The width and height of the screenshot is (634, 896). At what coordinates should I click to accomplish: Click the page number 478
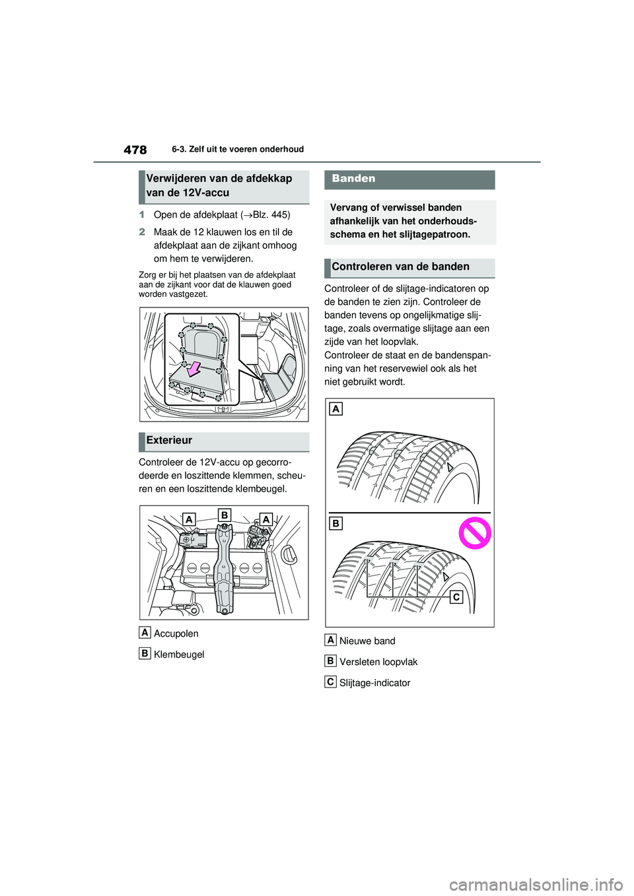click(x=135, y=150)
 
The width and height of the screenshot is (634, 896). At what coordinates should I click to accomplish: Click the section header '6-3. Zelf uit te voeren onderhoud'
click(x=238, y=149)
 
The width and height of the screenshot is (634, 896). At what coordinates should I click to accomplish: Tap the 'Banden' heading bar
click(x=409, y=179)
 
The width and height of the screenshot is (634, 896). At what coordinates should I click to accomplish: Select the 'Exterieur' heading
click(x=170, y=440)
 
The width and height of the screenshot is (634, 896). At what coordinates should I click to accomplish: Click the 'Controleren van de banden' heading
click(x=400, y=267)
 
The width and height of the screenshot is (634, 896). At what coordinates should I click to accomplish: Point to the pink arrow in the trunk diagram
click(x=194, y=369)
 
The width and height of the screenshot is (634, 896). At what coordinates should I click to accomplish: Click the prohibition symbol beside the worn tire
click(x=475, y=532)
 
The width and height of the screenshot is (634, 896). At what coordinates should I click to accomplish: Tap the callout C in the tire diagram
click(x=456, y=597)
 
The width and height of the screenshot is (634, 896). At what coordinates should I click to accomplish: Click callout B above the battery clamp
click(x=225, y=515)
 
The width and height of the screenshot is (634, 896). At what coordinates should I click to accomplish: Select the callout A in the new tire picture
click(x=336, y=409)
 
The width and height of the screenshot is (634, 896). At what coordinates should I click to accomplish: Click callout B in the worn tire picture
click(x=336, y=523)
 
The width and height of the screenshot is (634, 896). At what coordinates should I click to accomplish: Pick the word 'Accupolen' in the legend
click(x=176, y=633)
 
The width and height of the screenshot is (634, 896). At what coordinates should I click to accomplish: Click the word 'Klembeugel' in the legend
click(x=179, y=655)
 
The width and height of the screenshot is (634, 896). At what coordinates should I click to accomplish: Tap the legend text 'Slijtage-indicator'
click(x=374, y=683)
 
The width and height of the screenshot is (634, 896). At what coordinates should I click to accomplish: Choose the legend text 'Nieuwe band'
click(x=367, y=641)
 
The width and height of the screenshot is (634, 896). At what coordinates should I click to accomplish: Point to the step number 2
click(x=142, y=232)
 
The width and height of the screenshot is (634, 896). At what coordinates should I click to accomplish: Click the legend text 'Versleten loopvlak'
click(x=378, y=662)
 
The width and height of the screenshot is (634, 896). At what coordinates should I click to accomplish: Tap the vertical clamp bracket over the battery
click(x=225, y=567)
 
